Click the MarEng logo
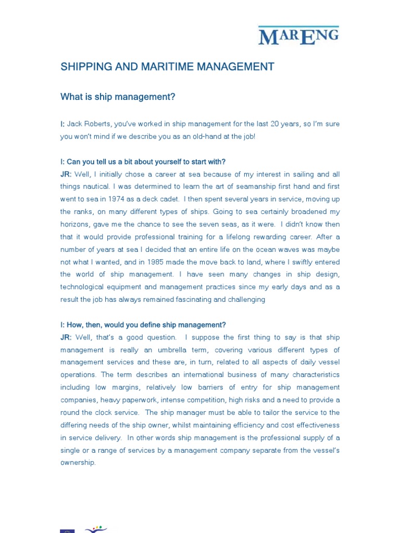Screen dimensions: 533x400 (298, 36)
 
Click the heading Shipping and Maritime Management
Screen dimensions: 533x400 (167, 67)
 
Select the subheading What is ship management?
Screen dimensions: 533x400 (118, 96)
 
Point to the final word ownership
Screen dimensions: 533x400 (78, 463)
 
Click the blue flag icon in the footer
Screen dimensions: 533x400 (67, 530)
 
